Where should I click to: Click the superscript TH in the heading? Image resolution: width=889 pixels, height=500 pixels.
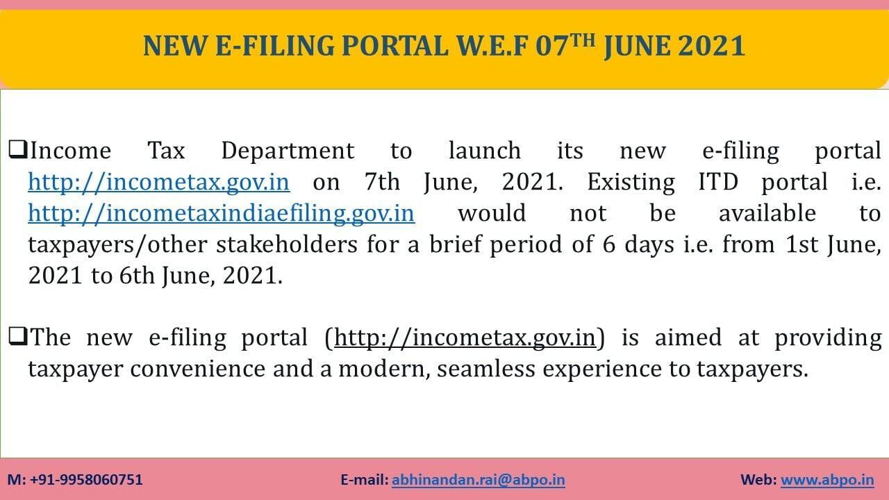point(583,41)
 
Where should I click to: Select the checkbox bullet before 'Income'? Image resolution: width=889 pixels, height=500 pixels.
point(18,149)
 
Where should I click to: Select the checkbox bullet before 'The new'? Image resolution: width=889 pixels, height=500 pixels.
point(18,336)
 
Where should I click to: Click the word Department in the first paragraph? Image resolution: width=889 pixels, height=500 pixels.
point(288,151)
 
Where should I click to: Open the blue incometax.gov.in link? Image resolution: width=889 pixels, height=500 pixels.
point(159,182)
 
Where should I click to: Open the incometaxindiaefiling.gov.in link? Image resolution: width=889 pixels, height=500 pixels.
point(222,213)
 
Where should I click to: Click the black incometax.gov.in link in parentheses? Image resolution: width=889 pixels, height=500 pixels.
point(465,337)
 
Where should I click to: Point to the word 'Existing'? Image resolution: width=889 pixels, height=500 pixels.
point(631,183)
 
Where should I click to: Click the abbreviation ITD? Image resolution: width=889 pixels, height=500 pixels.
point(718,182)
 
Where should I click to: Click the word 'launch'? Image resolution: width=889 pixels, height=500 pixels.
point(485,151)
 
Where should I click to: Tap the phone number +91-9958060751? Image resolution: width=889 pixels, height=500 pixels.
point(86,480)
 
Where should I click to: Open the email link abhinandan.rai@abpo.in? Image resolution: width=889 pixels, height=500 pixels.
point(479,480)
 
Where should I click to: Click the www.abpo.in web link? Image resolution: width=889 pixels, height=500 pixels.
point(827,480)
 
